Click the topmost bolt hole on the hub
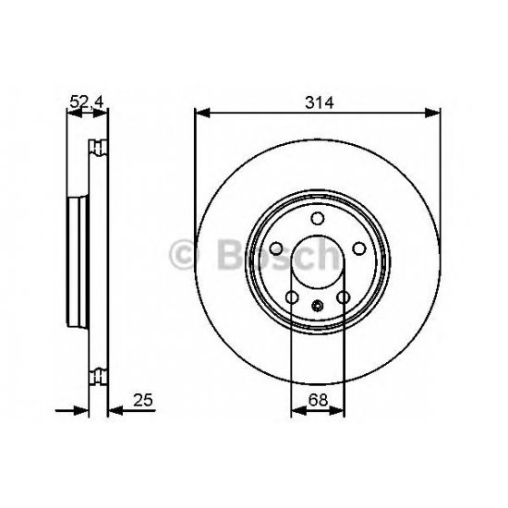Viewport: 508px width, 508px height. pos(317,219)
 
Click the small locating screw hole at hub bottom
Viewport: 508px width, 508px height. pos(317,308)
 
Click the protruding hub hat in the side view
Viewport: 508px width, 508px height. pos(77,260)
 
